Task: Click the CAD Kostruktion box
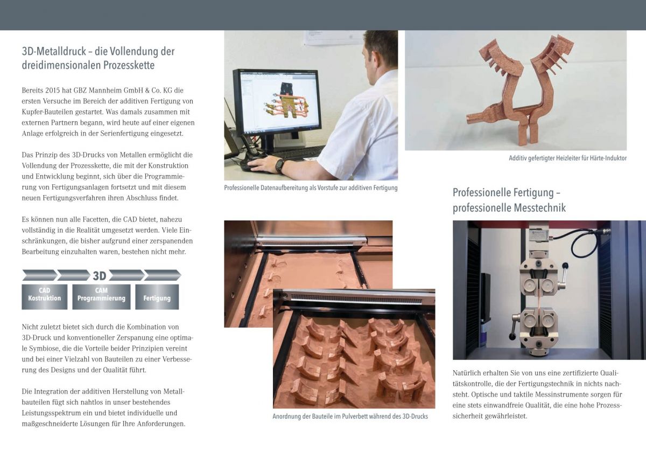click(44, 297)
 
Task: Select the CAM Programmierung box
click(101, 297)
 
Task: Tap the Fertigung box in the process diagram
click(157, 297)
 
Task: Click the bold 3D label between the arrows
click(100, 276)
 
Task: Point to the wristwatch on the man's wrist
click(279, 166)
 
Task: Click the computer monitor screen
click(279, 102)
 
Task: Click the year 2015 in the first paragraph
click(53, 91)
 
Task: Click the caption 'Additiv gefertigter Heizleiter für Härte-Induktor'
click(567, 158)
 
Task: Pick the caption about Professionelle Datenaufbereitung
click(311, 188)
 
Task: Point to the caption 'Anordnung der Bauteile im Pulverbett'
click(350, 416)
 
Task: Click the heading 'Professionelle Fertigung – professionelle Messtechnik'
click(509, 200)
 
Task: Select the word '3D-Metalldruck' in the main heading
click(54, 51)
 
